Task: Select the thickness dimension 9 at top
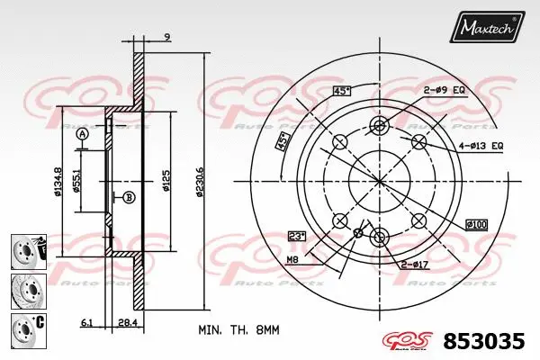coord(168,38)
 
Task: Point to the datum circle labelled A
coord(83,135)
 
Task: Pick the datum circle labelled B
coord(128,198)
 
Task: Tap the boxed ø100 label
coord(476,223)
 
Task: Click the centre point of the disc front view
coord(379,180)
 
